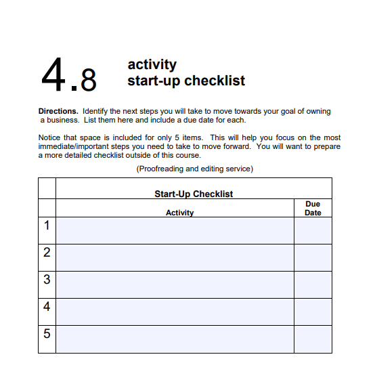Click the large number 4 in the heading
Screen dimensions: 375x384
click(x=55, y=74)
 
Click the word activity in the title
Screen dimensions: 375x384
click(x=152, y=65)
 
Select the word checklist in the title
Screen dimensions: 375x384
click(x=214, y=81)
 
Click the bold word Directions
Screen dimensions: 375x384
click(x=58, y=111)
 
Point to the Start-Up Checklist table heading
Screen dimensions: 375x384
click(x=193, y=194)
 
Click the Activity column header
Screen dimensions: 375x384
click(x=179, y=213)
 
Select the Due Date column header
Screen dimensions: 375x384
click(x=313, y=208)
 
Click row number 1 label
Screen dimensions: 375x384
click(x=47, y=226)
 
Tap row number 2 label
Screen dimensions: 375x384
click(x=47, y=253)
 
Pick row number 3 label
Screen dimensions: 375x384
click(x=47, y=280)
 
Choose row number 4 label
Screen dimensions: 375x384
click(x=47, y=307)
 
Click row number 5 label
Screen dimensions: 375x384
click(x=47, y=334)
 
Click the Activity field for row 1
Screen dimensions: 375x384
click(x=175, y=230)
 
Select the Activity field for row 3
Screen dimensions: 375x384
click(x=175, y=284)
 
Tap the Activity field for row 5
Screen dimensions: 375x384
click(x=175, y=339)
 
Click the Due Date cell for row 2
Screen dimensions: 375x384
click(x=313, y=257)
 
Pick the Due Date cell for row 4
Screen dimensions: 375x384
click(x=313, y=312)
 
